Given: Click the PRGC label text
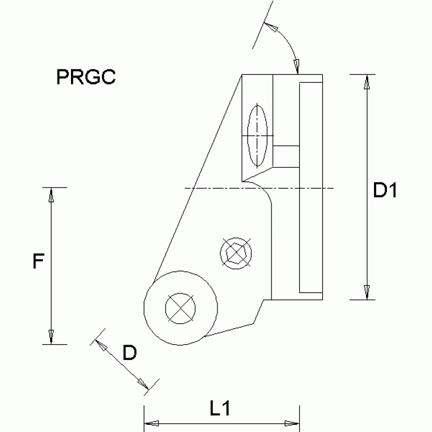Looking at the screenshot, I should [x=86, y=77].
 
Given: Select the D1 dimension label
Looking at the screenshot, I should [x=386, y=191].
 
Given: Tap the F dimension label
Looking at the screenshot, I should [x=37, y=262].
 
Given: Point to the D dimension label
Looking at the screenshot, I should [x=130, y=353].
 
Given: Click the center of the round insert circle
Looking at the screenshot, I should [x=181, y=307].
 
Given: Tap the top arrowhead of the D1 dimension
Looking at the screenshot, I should [x=367, y=82].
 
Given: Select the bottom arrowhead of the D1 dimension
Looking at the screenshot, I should [x=367, y=292].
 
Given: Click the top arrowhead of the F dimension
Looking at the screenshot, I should [x=51, y=195].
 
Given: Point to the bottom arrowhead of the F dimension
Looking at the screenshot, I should [x=51, y=337].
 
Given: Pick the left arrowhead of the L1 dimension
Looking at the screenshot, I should [x=153, y=423].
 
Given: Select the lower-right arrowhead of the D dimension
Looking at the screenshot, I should [x=143, y=384].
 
